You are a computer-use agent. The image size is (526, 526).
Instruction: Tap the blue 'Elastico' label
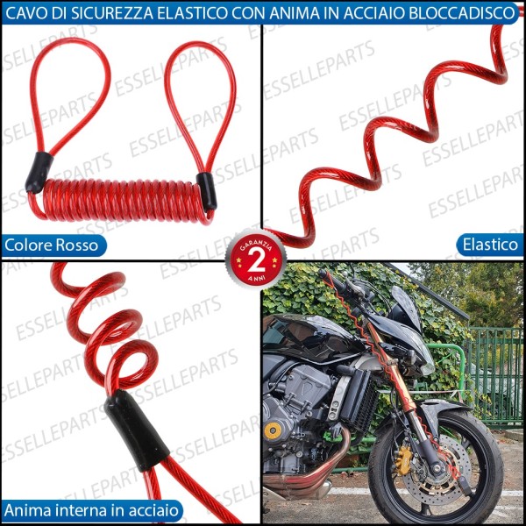tap(487, 245)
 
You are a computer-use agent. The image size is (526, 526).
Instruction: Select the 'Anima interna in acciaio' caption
tap(92, 509)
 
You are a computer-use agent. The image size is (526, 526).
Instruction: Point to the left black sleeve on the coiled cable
tap(39, 172)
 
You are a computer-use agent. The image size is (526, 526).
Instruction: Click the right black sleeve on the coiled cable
tap(207, 191)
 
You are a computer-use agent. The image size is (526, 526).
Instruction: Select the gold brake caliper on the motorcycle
tap(405, 456)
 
